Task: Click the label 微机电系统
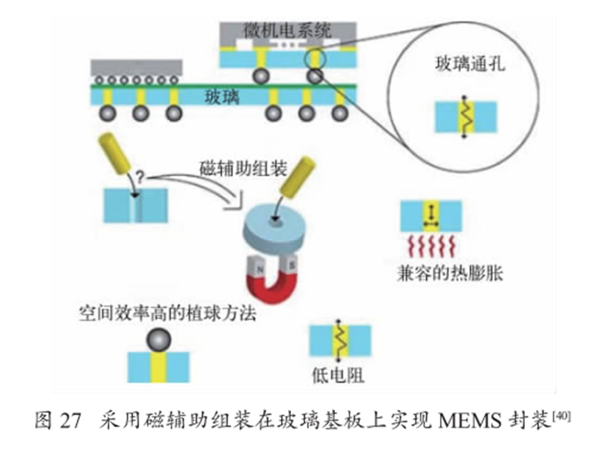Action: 287,31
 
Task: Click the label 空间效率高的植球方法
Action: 166,312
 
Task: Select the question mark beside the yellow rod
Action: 140,179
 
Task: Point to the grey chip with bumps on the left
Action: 137,67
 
